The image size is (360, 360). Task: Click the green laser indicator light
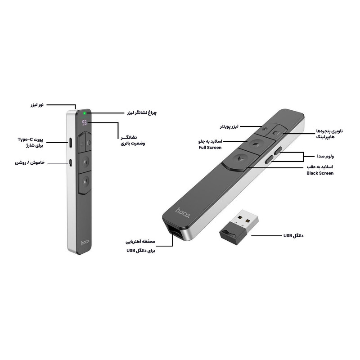[x=85, y=113]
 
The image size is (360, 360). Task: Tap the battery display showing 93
[x=85, y=123]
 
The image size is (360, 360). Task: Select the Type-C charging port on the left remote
[x=71, y=143]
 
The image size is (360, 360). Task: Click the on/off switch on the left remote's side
[x=71, y=162]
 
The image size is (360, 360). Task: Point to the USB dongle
[x=239, y=227]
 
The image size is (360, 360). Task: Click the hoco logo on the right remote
[x=183, y=213]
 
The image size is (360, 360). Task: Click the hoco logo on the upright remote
[x=85, y=243]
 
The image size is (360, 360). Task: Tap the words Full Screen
[x=210, y=148]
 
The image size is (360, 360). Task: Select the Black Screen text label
[x=320, y=173]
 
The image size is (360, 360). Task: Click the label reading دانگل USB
[x=293, y=235]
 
